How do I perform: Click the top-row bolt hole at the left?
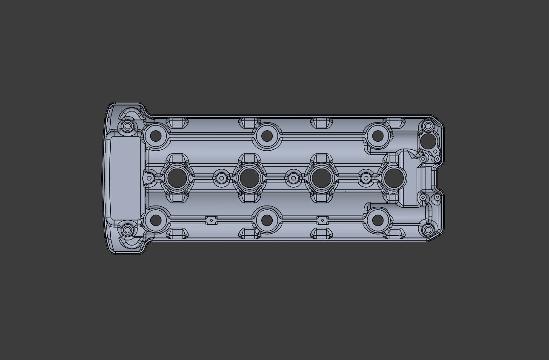[x=156, y=136]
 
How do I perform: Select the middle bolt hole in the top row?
[x=267, y=136]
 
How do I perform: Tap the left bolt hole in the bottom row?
[x=156, y=220]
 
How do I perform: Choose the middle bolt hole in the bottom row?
[x=267, y=220]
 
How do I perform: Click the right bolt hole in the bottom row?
[x=377, y=220]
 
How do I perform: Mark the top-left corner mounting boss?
[x=127, y=126]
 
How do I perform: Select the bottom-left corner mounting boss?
[x=127, y=230]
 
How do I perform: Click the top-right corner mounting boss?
[x=428, y=126]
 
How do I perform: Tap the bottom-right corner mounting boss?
[x=428, y=231]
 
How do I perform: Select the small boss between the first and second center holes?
[x=221, y=178]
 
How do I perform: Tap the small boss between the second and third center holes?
[x=293, y=178]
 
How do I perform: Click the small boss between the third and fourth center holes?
[x=366, y=178]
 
